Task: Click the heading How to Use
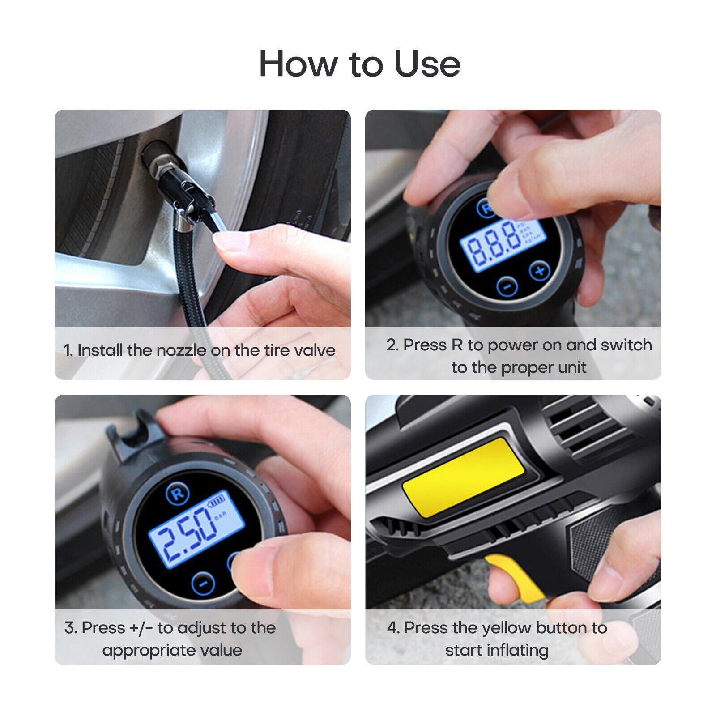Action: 359,64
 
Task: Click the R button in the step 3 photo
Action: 178,494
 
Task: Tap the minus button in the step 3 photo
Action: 203,583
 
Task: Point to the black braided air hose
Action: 188,277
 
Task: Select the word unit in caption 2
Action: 570,367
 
